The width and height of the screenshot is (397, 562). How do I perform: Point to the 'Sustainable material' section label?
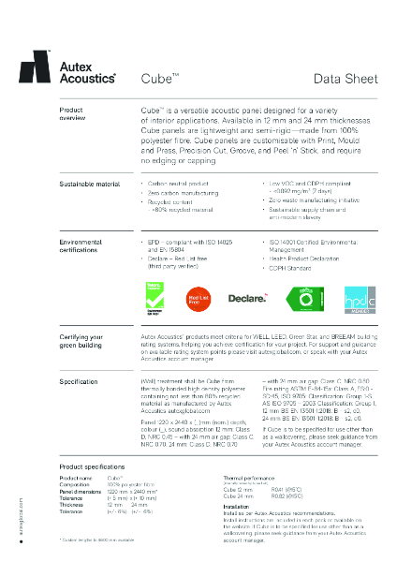pos(90,185)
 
